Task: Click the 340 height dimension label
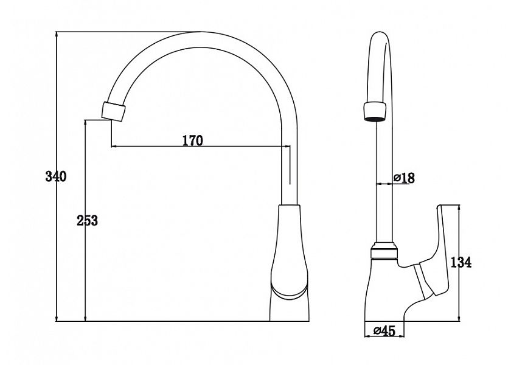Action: point(56,176)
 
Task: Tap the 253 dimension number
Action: point(87,221)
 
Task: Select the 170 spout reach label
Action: point(192,141)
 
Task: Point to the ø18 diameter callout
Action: point(404,178)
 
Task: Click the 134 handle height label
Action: point(461,262)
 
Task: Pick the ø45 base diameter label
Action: point(384,331)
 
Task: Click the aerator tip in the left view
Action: point(113,111)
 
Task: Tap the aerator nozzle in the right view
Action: point(375,111)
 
